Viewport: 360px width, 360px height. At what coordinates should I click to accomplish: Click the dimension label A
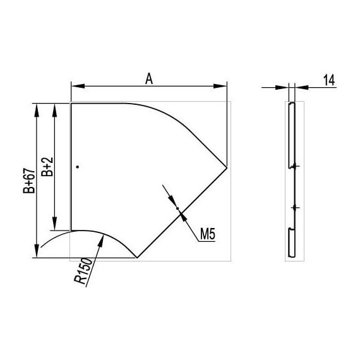[x=149, y=79]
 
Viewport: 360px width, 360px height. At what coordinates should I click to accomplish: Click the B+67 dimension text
[x=29, y=181]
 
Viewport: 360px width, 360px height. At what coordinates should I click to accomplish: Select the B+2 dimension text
[x=47, y=167]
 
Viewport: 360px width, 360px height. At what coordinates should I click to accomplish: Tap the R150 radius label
[x=83, y=271]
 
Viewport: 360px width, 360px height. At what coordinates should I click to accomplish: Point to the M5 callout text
[x=208, y=234]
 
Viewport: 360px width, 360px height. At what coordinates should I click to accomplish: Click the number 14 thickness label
[x=329, y=80]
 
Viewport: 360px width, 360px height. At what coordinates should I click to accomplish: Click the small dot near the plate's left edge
[x=78, y=167]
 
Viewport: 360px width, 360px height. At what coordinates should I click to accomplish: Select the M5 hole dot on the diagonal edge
[x=177, y=208]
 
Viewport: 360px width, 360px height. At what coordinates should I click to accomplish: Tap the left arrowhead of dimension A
[x=78, y=86]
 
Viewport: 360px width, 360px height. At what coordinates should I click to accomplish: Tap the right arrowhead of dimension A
[x=220, y=86]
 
